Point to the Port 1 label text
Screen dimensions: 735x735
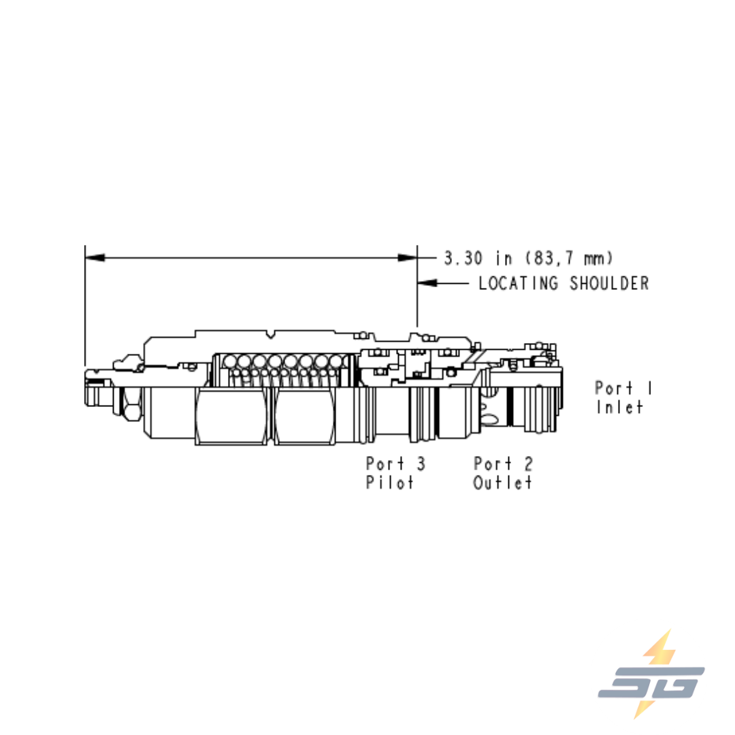point(623,388)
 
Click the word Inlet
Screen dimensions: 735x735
point(619,407)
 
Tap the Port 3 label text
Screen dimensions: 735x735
point(395,463)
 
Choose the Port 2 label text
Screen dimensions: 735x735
point(504,463)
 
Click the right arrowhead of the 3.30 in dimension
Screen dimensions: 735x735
point(408,258)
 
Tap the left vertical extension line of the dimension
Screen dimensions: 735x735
point(85,306)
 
